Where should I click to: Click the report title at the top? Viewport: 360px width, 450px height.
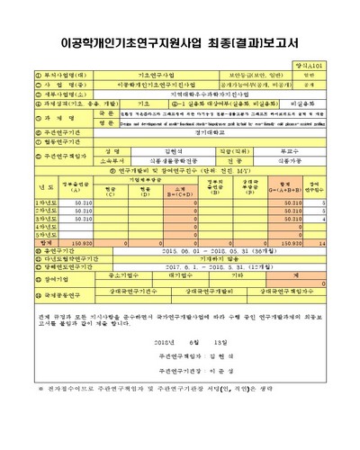click(x=179, y=41)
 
